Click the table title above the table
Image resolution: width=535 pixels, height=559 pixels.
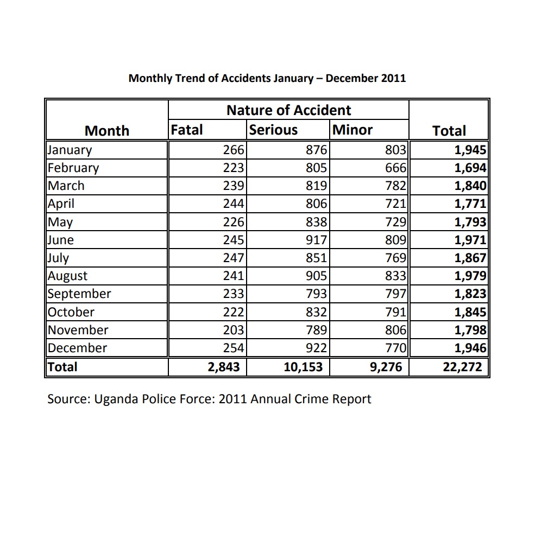click(x=267, y=78)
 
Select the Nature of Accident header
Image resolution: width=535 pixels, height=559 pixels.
click(x=288, y=110)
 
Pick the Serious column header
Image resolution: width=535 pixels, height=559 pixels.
click(x=273, y=130)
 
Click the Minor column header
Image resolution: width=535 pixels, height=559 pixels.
click(x=353, y=130)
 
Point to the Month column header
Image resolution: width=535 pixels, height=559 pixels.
click(x=107, y=131)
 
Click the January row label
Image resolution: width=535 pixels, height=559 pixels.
click(x=70, y=150)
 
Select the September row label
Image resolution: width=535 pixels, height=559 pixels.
click(x=79, y=294)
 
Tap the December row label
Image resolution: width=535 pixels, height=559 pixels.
click(x=78, y=348)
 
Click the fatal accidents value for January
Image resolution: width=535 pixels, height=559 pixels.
click(x=234, y=150)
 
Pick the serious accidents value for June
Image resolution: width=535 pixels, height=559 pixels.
click(x=316, y=240)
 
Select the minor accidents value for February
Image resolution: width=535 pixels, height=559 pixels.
click(x=395, y=168)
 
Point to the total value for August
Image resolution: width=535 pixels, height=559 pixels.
click(x=470, y=276)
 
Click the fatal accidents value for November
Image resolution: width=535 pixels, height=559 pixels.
click(x=234, y=330)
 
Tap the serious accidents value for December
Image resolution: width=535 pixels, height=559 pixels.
click(x=316, y=348)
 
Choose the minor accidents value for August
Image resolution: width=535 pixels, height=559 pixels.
click(x=395, y=276)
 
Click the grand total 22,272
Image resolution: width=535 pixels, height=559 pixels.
click(x=462, y=367)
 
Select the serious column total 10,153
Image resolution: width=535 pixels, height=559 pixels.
click(x=303, y=367)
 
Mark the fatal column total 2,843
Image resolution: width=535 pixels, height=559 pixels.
click(x=224, y=367)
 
